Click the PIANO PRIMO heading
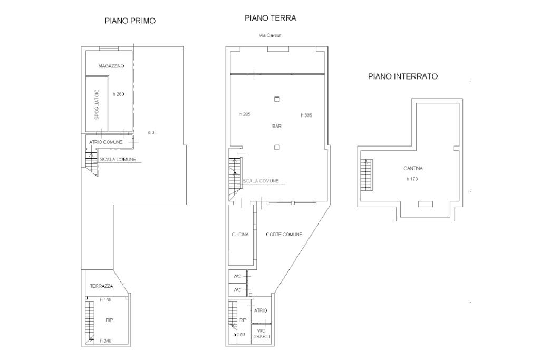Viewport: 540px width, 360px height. (130, 21)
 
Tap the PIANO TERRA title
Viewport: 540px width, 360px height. (271, 18)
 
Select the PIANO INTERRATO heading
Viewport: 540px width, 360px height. (403, 76)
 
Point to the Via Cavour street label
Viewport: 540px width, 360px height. (270, 35)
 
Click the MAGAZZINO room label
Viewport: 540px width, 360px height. (111, 66)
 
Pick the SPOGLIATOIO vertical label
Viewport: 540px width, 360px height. (97, 104)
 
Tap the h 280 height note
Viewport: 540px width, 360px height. (119, 94)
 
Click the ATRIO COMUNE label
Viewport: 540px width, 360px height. (105, 142)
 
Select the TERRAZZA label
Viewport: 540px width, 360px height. (101, 286)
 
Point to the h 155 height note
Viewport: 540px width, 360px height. (105, 300)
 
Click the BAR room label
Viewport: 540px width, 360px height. (277, 127)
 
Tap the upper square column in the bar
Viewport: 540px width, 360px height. (277, 99)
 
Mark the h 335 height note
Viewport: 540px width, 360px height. (306, 115)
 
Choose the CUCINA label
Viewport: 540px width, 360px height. (240, 235)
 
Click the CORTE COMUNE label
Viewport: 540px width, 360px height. (284, 235)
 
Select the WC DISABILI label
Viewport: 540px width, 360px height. (261, 334)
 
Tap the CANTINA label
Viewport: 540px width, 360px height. (413, 168)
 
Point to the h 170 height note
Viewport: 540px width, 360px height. (412, 179)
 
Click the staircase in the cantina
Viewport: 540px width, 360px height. (367, 175)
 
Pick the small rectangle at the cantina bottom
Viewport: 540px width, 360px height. (426, 204)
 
